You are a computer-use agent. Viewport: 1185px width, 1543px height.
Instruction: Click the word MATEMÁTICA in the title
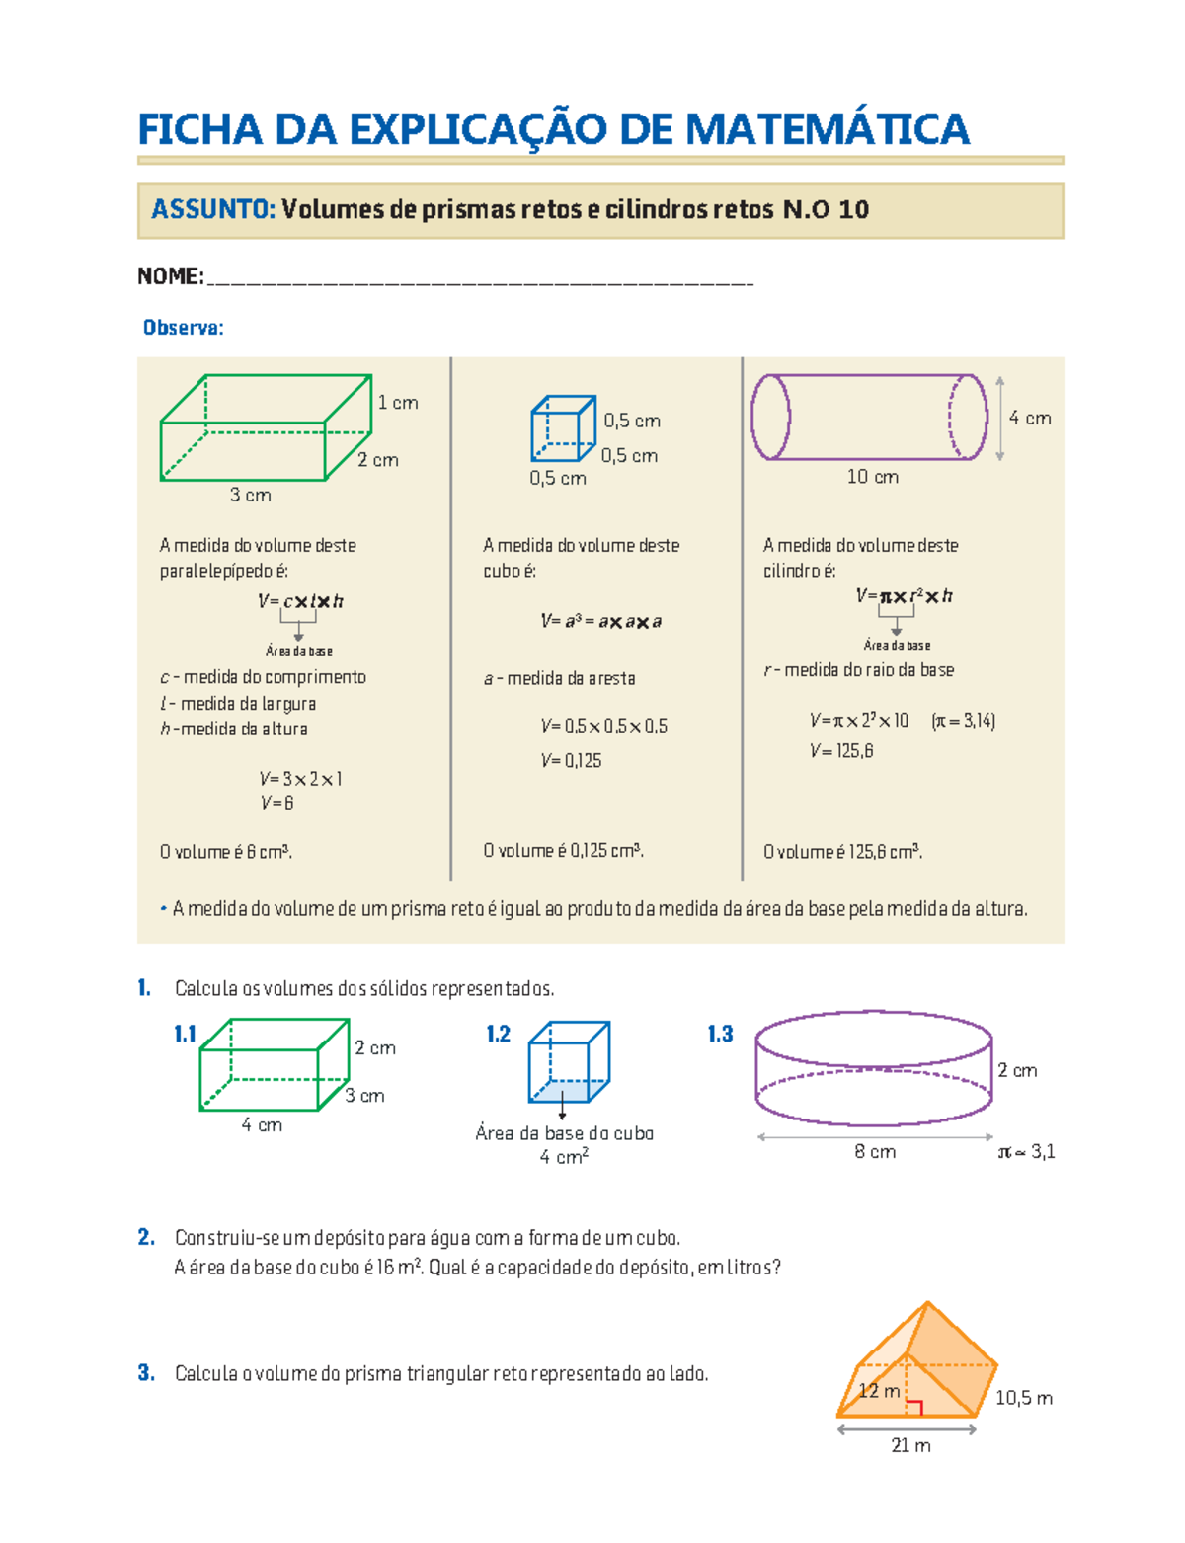tap(827, 129)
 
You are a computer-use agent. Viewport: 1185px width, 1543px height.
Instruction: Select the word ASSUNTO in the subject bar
tap(212, 209)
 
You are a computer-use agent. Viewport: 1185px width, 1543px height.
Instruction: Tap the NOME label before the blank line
tap(170, 276)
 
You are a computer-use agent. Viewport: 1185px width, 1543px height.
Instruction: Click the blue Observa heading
tap(184, 328)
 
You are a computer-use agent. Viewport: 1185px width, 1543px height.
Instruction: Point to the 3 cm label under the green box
tap(250, 496)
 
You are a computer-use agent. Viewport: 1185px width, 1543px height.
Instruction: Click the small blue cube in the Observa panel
tap(563, 428)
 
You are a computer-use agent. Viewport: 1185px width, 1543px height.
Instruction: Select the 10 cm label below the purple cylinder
tap(872, 477)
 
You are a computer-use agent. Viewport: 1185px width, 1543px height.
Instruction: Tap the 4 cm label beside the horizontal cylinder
tap(1030, 419)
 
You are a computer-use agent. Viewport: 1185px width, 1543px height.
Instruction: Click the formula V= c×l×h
tap(300, 601)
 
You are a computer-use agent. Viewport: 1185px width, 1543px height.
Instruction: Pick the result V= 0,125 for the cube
tap(571, 761)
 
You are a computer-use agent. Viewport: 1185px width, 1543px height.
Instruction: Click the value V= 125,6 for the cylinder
tap(841, 751)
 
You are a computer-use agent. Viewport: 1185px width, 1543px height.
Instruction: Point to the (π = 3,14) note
tap(963, 721)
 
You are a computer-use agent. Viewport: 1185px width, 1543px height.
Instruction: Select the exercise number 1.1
tap(185, 1034)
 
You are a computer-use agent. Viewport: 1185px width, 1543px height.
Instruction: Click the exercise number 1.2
tap(498, 1034)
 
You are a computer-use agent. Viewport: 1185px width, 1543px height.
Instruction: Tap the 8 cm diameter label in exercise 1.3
tap(875, 1152)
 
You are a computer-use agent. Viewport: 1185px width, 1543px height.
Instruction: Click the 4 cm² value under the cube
tap(564, 1157)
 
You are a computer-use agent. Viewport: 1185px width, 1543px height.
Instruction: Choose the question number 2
tap(146, 1237)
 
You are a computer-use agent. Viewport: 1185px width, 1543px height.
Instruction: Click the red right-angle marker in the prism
tap(914, 1408)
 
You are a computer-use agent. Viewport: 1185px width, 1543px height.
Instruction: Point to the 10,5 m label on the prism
tap(1023, 1398)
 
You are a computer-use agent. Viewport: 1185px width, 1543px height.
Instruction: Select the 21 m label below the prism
tap(910, 1446)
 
